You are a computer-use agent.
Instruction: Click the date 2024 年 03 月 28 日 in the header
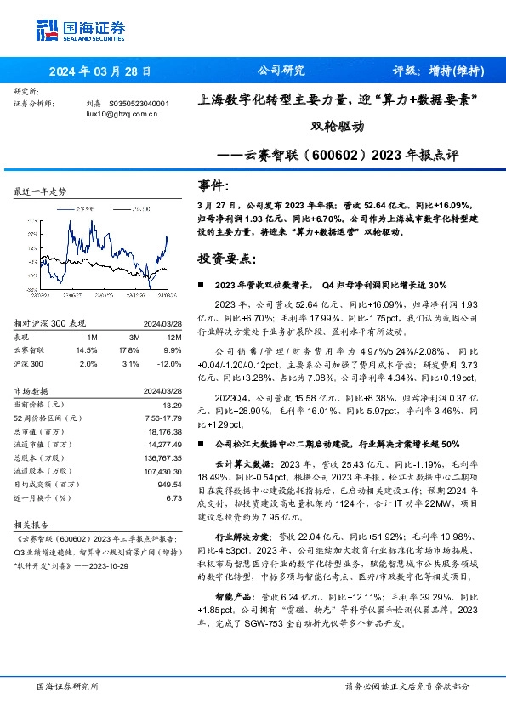99,72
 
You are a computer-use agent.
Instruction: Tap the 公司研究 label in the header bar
281,71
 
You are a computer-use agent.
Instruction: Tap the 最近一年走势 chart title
40,193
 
